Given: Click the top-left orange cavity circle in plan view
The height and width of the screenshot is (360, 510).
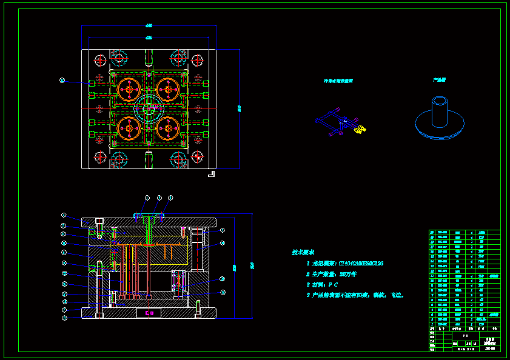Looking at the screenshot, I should (x=129, y=89).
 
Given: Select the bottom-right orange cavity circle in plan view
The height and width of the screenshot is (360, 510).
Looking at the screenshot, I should (x=169, y=128).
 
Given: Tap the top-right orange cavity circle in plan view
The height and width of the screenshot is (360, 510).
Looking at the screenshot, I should (x=169, y=89).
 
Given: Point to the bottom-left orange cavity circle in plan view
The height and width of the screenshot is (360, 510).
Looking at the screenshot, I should (x=129, y=128).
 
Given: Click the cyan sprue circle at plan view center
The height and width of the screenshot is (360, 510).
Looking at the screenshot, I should (x=149, y=108).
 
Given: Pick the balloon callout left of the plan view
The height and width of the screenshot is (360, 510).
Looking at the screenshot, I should (x=62, y=80).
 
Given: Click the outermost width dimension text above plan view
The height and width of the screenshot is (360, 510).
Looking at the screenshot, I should (x=149, y=25).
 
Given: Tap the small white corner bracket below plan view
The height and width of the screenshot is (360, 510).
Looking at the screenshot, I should (x=211, y=175).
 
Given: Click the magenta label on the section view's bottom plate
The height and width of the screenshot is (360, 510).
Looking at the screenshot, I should (x=149, y=313).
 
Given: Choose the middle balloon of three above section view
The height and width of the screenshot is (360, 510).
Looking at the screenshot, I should (x=159, y=198).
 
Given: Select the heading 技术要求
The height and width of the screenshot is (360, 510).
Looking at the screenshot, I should (x=303, y=252).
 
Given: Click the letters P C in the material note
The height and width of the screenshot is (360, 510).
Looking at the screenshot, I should (x=333, y=284).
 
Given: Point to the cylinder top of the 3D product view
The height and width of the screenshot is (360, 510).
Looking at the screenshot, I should (x=440, y=100).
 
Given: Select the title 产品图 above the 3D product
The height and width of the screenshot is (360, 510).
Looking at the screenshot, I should (x=439, y=79).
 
